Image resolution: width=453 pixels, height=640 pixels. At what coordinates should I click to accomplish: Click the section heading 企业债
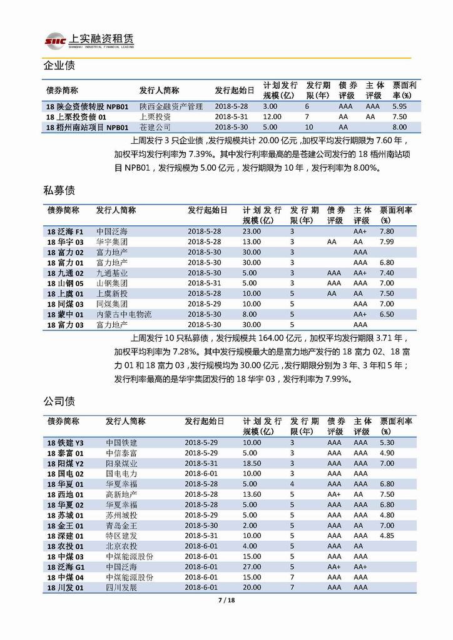pos(59,66)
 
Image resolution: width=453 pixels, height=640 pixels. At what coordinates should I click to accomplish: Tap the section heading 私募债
pos(59,190)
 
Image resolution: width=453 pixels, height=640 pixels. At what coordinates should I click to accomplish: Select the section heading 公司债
pos(59,401)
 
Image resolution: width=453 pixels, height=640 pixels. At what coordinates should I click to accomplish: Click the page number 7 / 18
pos(226,601)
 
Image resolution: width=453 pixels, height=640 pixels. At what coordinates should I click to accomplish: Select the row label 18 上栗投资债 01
pos(76,117)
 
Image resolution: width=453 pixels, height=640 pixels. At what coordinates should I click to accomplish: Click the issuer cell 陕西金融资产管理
pos(171,106)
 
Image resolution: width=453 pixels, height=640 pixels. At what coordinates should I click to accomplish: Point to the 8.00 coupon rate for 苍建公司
pos(399,127)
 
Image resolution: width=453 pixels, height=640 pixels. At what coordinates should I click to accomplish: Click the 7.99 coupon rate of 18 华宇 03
pos(386,241)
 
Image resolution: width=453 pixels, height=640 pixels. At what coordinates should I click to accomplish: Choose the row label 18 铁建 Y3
pos(65,443)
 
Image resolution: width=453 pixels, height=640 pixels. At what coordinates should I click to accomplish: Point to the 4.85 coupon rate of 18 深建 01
pos(386,536)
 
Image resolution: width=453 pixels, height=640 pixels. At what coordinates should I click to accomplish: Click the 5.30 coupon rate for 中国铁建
pos(386,443)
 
